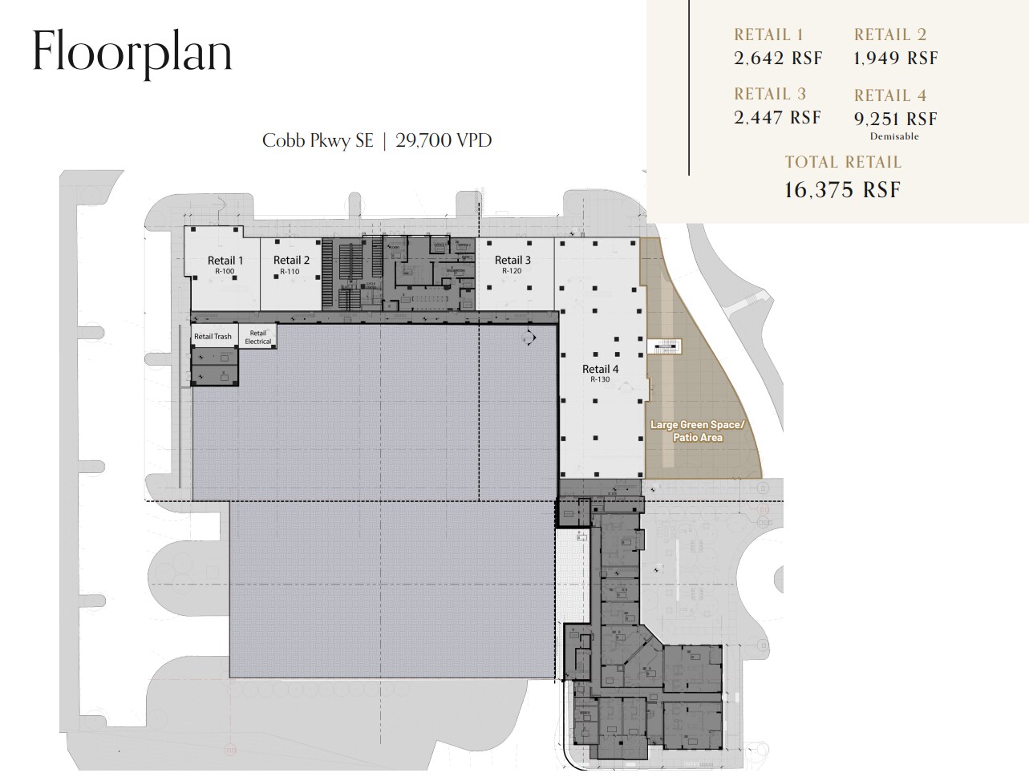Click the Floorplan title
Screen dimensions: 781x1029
point(132,51)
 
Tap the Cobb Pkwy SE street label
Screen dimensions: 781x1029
point(318,140)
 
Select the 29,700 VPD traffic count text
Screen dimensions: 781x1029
point(444,140)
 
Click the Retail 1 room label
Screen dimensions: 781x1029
point(225,261)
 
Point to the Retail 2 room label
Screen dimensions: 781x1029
point(291,261)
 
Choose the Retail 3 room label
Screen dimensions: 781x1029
point(512,260)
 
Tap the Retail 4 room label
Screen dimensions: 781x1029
point(601,369)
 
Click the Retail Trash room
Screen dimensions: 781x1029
point(213,337)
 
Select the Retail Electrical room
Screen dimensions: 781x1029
point(258,337)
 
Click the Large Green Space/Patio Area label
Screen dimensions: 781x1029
point(697,431)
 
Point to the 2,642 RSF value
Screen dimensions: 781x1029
point(778,59)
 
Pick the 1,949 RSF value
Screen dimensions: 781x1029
point(896,59)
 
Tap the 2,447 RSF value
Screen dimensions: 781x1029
point(778,118)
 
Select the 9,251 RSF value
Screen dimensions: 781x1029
point(895,119)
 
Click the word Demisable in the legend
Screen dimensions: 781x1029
point(894,137)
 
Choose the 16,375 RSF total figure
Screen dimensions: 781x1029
point(842,190)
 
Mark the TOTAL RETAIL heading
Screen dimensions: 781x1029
point(843,162)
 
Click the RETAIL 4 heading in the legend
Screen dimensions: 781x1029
point(890,95)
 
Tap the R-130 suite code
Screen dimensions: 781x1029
point(600,379)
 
